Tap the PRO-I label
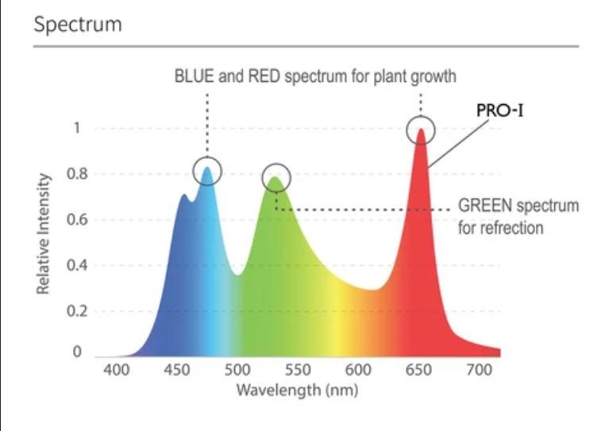point(500,111)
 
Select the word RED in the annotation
point(264,76)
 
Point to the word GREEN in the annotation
point(485,205)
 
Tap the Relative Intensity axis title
point(43,234)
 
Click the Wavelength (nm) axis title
point(297,390)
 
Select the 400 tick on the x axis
point(117,370)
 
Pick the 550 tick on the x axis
point(298,370)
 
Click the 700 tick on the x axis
point(480,370)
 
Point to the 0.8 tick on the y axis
point(77,173)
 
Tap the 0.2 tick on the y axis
point(77,311)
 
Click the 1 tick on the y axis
point(77,127)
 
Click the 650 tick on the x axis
point(418,370)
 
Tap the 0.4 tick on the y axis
point(77,266)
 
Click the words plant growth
point(414,76)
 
